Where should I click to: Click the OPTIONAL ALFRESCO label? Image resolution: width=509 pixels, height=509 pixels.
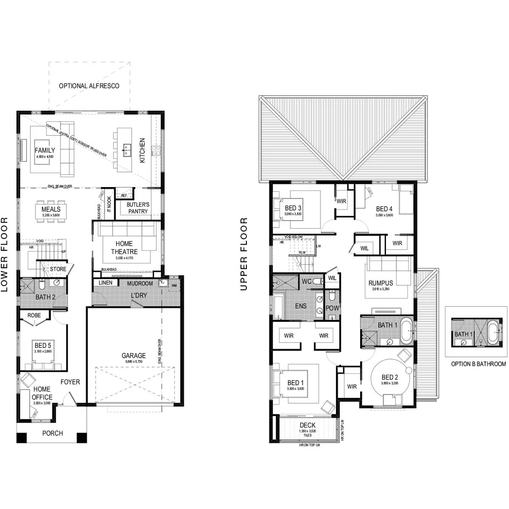pyautogui.click(x=89, y=86)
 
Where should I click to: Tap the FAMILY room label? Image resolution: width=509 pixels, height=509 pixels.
pyautogui.click(x=45, y=150)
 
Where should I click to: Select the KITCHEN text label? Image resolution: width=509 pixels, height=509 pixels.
pyautogui.click(x=142, y=151)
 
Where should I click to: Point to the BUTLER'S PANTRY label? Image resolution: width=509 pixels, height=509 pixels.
pyautogui.click(x=137, y=208)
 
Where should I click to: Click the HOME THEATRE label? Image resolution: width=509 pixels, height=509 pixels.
pyautogui.click(x=122, y=248)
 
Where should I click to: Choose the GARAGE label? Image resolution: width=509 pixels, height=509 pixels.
pyautogui.click(x=133, y=356)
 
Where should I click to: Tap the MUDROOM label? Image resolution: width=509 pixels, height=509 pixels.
pyautogui.click(x=140, y=284)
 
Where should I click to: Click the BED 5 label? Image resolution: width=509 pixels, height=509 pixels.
pyautogui.click(x=42, y=344)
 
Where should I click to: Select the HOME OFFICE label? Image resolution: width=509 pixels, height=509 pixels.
pyautogui.click(x=42, y=394)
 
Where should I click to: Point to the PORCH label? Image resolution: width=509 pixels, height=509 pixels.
pyautogui.click(x=52, y=433)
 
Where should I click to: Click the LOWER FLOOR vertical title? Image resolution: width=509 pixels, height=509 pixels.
pyautogui.click(x=6, y=254)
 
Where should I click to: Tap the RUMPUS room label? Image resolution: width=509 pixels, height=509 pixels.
pyautogui.click(x=384, y=283)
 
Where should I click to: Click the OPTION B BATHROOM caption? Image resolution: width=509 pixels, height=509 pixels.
pyautogui.click(x=478, y=364)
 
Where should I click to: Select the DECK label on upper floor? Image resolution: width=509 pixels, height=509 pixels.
pyautogui.click(x=307, y=425)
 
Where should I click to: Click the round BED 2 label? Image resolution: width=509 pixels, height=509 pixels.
pyautogui.click(x=390, y=377)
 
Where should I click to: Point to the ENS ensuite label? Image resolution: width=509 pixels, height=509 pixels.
pyautogui.click(x=301, y=306)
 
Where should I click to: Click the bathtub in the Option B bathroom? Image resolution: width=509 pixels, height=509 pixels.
pyautogui.click(x=494, y=332)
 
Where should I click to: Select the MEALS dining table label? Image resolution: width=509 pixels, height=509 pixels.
pyautogui.click(x=50, y=209)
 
